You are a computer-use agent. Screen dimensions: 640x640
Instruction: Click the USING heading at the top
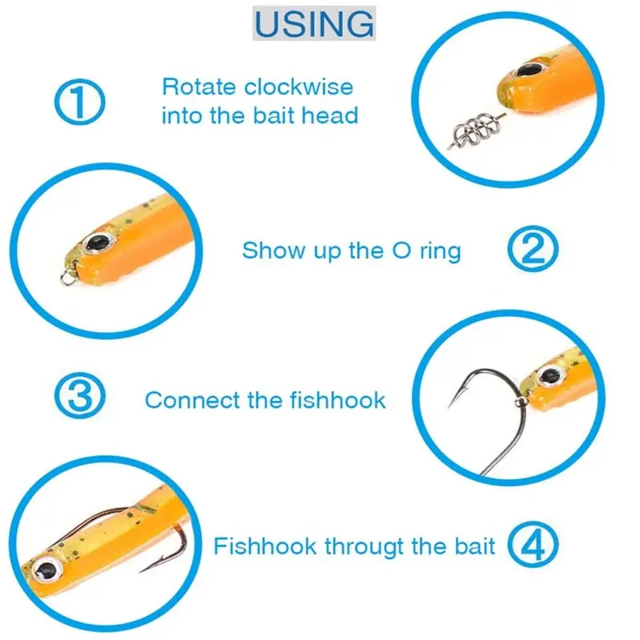(x=314, y=24)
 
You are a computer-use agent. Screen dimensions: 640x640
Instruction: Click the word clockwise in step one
(x=298, y=86)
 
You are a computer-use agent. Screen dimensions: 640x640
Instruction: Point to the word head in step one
(x=330, y=116)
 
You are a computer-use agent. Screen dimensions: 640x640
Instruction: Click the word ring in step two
(x=439, y=250)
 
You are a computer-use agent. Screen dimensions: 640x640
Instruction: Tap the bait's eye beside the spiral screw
(x=529, y=71)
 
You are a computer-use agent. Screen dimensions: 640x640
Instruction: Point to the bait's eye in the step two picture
(x=99, y=242)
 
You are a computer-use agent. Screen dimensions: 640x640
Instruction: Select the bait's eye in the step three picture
(x=548, y=374)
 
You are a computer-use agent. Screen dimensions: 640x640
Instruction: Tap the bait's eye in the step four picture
(x=48, y=570)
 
